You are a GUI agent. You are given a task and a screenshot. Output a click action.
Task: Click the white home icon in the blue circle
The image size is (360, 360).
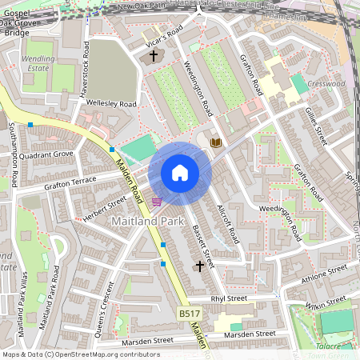click(x=180, y=173)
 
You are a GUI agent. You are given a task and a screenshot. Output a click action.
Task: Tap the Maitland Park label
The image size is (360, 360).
click(x=149, y=221)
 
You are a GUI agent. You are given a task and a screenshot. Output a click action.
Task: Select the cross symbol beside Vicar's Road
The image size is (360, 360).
click(x=154, y=56)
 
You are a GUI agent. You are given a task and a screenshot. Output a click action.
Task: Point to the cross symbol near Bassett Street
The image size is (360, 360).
click(x=199, y=264)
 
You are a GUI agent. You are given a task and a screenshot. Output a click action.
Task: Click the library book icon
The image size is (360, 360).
click(x=215, y=142)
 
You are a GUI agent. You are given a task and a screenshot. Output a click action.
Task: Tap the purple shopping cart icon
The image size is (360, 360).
click(x=157, y=201)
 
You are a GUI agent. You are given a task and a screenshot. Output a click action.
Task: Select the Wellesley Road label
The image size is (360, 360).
click(x=112, y=104)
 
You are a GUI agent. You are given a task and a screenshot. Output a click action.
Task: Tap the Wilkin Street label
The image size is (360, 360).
click(x=326, y=303)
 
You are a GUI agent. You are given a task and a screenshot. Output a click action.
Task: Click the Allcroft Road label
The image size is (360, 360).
click(x=227, y=223)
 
